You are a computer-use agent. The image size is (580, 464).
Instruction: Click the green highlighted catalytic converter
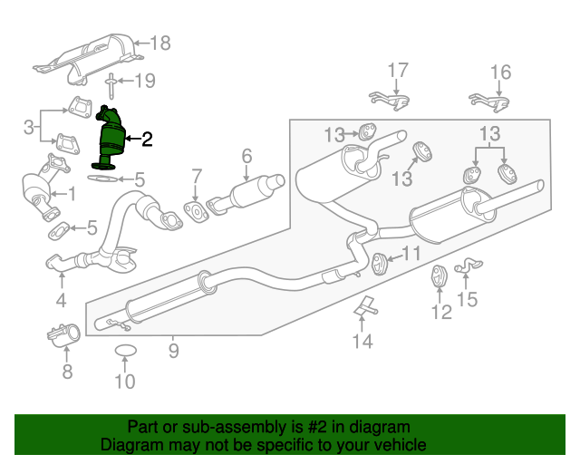click(111, 140)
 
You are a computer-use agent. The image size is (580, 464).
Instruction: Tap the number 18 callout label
click(159, 42)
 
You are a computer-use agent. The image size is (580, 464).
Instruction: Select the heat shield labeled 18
click(87, 56)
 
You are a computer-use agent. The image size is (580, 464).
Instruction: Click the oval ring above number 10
click(125, 351)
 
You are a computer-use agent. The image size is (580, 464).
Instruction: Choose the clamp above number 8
click(63, 336)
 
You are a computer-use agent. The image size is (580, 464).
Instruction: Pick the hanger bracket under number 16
click(487, 101)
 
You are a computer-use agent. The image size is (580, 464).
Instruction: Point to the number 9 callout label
click(172, 346)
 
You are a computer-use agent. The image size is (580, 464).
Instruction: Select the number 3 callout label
click(29, 125)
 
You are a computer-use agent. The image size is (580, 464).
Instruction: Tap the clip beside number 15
click(467, 266)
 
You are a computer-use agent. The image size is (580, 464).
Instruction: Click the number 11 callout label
click(411, 255)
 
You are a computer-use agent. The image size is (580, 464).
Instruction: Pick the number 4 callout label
click(61, 300)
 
